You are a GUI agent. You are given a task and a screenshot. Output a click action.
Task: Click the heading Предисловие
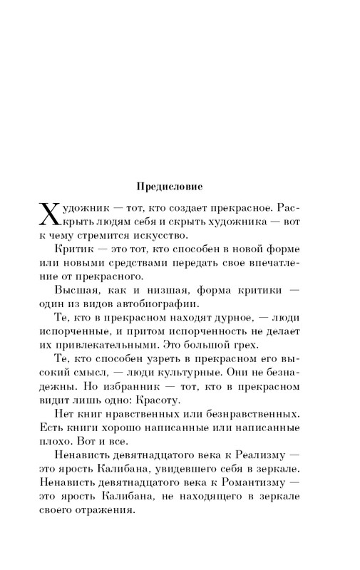[169, 187]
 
